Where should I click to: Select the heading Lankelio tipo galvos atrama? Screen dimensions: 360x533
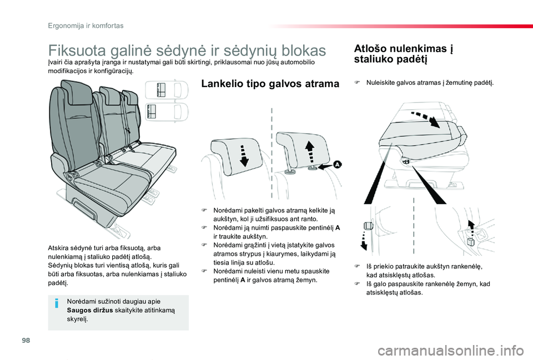[x=269, y=84]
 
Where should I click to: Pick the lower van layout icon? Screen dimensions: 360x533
[x=162, y=112]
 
